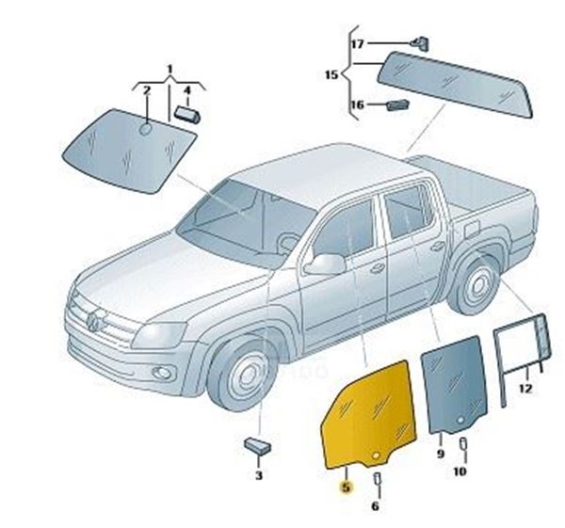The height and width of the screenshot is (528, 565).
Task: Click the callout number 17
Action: tap(358, 44)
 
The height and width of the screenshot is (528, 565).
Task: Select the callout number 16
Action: tap(358, 104)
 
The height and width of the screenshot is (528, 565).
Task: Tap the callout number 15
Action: tap(331, 75)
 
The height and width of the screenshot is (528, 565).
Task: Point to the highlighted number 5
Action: tap(346, 488)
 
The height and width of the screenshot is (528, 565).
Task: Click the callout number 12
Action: tap(525, 389)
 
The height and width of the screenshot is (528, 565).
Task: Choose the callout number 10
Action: tap(460, 472)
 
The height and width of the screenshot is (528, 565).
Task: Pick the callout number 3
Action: tap(259, 475)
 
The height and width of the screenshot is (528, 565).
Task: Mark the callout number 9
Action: tap(441, 454)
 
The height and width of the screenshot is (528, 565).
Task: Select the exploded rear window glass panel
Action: tap(455, 85)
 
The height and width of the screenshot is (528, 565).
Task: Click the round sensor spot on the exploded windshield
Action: tap(146, 129)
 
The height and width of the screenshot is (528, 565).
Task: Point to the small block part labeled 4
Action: tap(188, 115)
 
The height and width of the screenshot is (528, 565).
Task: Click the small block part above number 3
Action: tap(258, 446)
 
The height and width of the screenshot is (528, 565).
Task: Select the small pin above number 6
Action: tap(377, 479)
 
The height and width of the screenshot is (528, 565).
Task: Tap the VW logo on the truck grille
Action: tap(92, 322)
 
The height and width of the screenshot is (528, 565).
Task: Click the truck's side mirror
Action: tap(325, 264)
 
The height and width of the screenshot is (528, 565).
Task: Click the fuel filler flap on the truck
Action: tap(472, 230)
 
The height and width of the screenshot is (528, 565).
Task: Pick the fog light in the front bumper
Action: tap(163, 373)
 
